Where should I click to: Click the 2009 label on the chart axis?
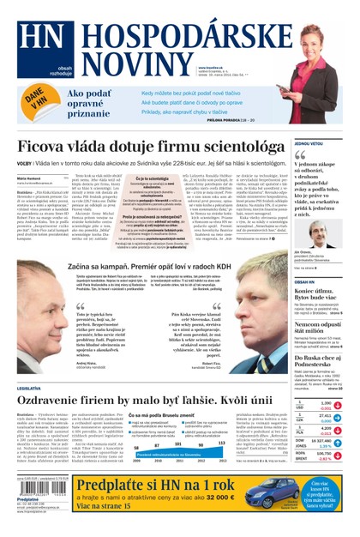click(x=135, y=461)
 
